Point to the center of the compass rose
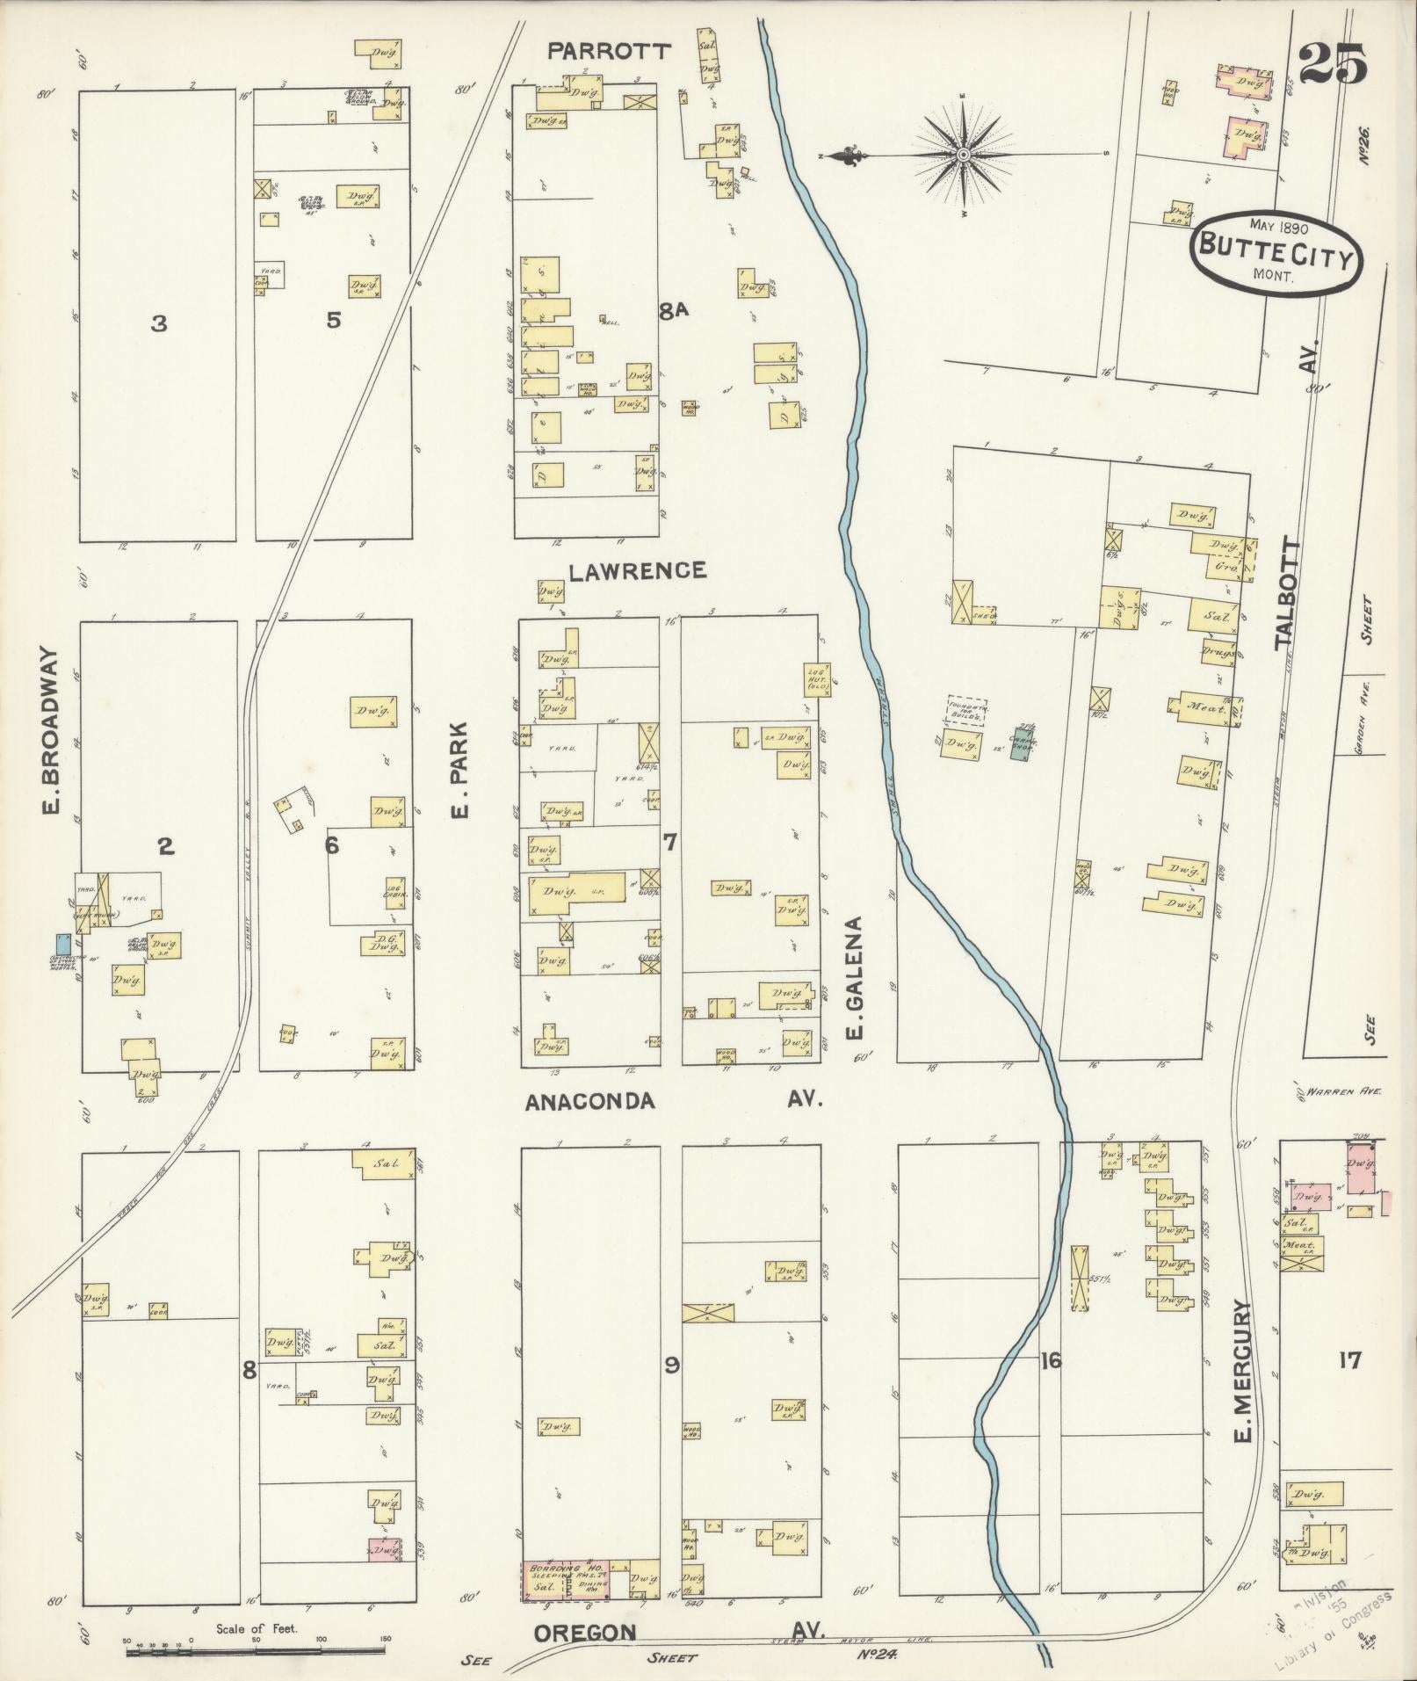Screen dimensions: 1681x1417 (x=964, y=156)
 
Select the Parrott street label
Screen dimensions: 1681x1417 (x=609, y=52)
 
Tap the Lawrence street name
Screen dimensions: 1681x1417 (x=637, y=571)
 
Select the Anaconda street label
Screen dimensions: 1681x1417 (x=590, y=1101)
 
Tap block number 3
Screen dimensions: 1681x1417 (x=158, y=324)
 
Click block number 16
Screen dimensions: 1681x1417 (x=1050, y=1361)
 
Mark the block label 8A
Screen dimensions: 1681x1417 (x=675, y=309)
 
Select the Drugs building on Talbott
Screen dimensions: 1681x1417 (x=1218, y=654)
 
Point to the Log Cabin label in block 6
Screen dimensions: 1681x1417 (x=394, y=889)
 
